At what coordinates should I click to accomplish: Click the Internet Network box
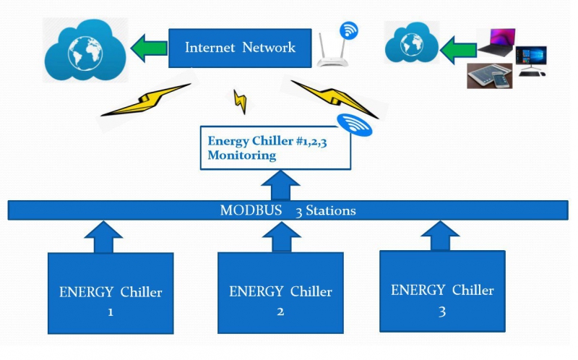(x=240, y=48)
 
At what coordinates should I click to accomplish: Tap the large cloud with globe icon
(x=85, y=50)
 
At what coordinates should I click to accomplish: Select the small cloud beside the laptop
(x=411, y=43)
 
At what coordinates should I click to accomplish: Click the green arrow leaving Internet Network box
(x=149, y=48)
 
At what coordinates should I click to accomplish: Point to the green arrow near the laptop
(x=458, y=50)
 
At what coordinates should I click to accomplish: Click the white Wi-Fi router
(x=332, y=50)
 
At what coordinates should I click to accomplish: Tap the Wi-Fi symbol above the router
(x=349, y=30)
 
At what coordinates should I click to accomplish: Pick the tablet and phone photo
(x=490, y=76)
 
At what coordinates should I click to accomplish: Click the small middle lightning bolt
(x=240, y=101)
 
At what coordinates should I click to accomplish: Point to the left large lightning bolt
(x=146, y=100)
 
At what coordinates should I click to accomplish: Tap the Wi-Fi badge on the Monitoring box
(x=355, y=124)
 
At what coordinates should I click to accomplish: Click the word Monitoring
(x=242, y=155)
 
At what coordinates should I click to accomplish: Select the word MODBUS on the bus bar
(x=251, y=210)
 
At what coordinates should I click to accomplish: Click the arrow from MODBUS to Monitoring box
(x=280, y=185)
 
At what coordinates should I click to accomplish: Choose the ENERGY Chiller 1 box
(x=111, y=293)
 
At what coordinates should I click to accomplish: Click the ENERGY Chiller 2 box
(x=280, y=293)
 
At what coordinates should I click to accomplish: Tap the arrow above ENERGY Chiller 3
(x=440, y=236)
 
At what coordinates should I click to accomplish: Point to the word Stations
(x=331, y=210)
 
